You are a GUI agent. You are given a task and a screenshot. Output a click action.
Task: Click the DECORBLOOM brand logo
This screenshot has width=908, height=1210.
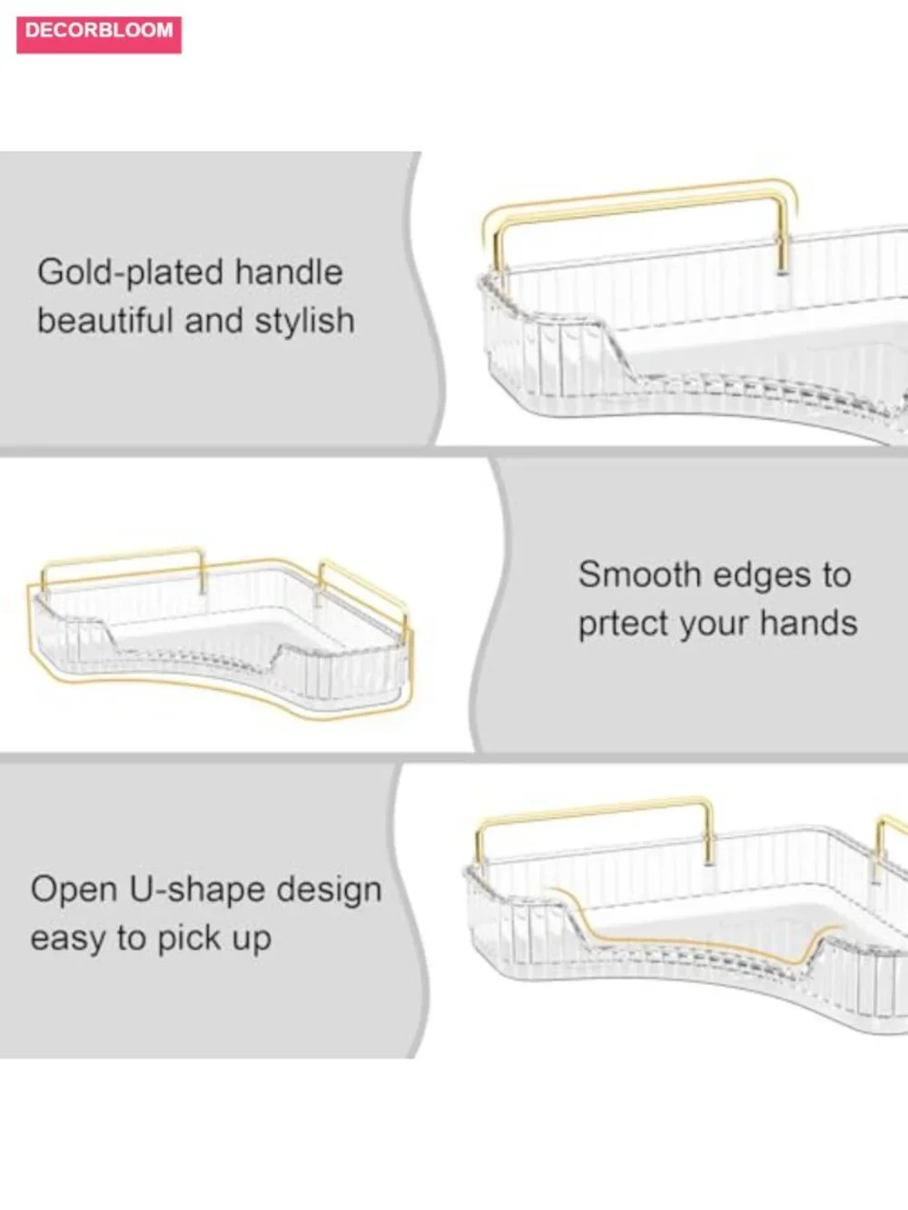tap(99, 34)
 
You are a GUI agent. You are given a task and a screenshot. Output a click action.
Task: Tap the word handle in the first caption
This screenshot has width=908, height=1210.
tap(289, 271)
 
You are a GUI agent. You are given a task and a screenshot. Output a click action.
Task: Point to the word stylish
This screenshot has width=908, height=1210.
tap(304, 321)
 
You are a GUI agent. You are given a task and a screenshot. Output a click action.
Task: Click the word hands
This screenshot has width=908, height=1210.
tap(809, 623)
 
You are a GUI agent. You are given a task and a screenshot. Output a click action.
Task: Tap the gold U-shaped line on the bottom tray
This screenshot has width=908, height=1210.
tap(696, 939)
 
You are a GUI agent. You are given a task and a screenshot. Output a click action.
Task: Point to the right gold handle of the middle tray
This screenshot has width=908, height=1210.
tap(361, 585)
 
